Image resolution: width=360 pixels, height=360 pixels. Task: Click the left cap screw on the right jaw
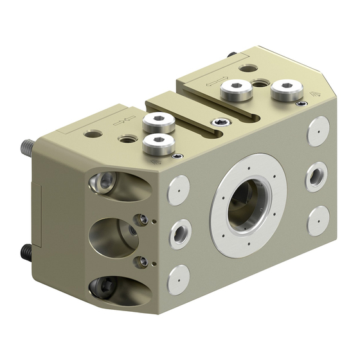235,91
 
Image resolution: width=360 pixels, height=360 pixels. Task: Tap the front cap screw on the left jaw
158,145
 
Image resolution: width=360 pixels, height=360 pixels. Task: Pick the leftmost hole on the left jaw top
95,134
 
